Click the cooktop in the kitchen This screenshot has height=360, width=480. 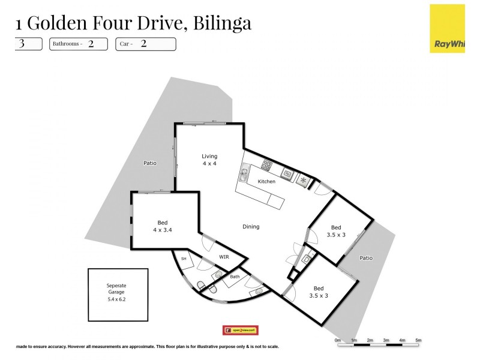pos(267,166)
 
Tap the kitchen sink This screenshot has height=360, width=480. pos(244,175)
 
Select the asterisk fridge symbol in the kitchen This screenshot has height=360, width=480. pos(304,179)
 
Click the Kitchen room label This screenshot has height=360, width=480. pos(266,181)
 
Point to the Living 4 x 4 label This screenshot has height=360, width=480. pos(209,160)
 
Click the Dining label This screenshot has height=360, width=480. pos(251,227)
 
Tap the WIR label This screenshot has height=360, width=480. pos(224,257)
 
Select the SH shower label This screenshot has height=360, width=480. pos(184,259)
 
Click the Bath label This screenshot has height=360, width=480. pos(235,277)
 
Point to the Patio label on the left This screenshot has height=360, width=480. pos(150,163)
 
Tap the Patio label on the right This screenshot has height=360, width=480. pos(366,258)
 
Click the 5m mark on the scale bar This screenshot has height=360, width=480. pos(418,340)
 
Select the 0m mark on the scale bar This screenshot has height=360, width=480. pos(338,340)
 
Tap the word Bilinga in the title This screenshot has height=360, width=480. pos(223,23)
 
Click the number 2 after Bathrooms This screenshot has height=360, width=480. pos(91,44)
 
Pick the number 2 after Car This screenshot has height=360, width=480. pos(143,44)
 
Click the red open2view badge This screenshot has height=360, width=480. pos(240,331)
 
